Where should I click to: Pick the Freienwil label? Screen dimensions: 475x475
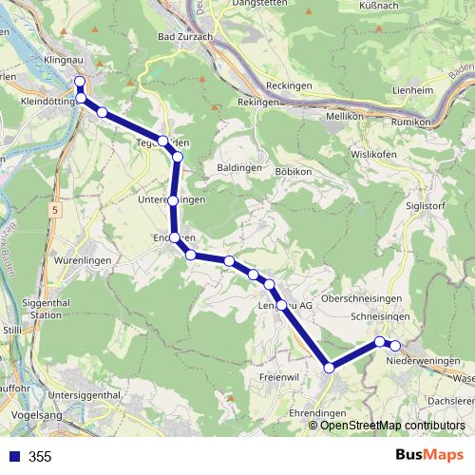coord(277,377)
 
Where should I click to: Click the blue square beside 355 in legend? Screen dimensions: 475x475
coord(14,456)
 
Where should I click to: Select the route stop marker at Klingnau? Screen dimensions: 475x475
coord(81,82)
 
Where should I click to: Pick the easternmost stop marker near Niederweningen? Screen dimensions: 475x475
coord(395,346)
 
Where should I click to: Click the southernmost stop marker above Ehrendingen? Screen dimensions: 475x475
coord(329,368)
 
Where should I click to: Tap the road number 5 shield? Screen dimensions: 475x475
coord(56,208)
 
